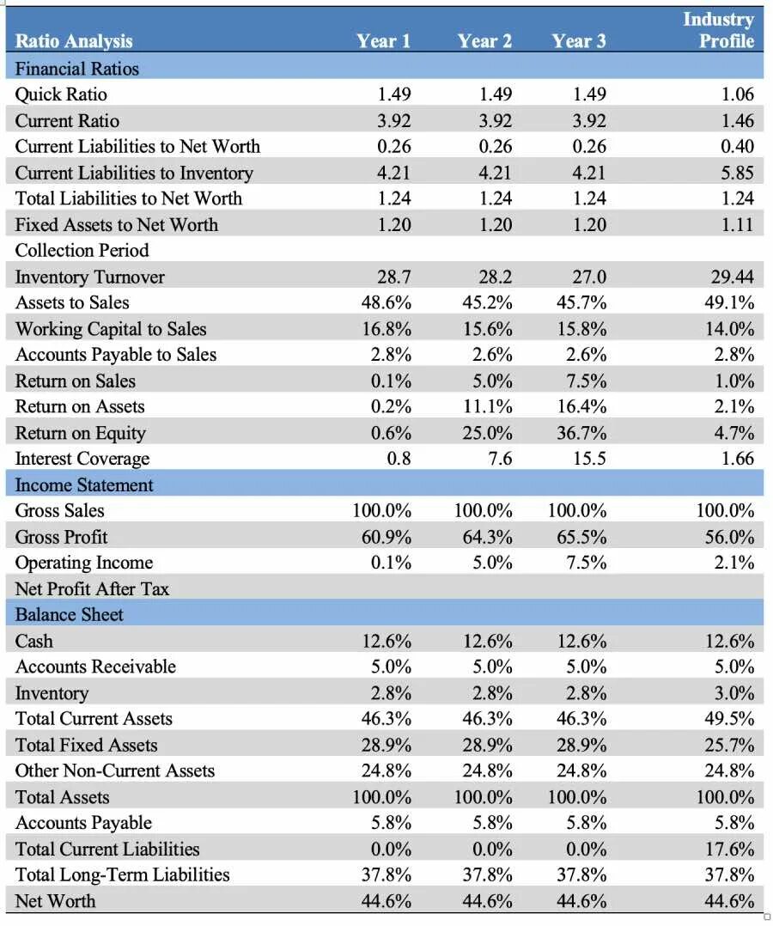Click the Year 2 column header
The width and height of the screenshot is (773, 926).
pos(484,40)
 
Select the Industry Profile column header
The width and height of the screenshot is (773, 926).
pos(719,30)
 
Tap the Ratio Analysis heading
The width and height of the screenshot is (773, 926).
pos(74,40)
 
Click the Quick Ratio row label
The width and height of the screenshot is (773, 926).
pos(61,94)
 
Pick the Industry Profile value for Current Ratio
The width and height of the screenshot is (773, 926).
pos(738,120)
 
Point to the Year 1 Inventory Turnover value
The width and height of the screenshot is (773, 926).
pos(394,277)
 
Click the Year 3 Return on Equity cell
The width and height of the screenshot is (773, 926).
pos(581,433)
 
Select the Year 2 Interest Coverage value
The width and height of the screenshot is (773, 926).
pos(500,459)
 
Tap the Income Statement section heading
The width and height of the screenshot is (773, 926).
pos(84,484)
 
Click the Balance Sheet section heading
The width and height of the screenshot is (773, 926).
pos(69,615)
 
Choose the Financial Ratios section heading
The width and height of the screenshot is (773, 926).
pos(76,69)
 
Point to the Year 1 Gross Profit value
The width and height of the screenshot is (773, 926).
pos(386,537)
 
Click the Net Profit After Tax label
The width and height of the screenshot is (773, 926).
pos(92,588)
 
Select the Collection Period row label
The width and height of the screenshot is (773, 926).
pos(82,251)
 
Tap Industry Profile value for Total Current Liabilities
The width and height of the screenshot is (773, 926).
pos(729,849)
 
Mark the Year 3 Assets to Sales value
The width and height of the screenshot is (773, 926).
pos(581,302)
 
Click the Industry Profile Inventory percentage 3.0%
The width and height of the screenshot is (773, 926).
pos(734,692)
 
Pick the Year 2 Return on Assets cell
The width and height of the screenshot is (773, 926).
pos(487,406)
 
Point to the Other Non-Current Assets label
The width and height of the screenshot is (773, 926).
pos(114,771)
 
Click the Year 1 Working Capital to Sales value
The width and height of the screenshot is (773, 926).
pos(386,328)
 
